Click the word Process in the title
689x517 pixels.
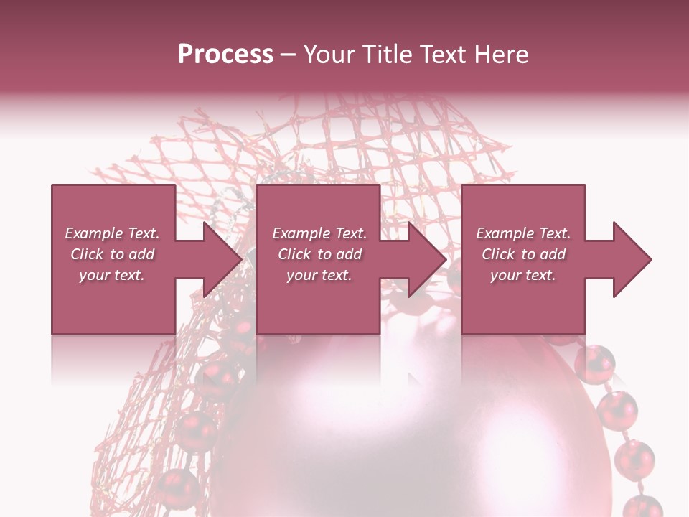click(225, 54)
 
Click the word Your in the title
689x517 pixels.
click(327, 54)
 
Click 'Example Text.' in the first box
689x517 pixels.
click(112, 233)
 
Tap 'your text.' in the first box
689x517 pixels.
click(112, 275)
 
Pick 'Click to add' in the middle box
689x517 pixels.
click(319, 254)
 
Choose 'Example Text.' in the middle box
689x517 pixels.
click(319, 233)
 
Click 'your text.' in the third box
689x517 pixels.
click(523, 275)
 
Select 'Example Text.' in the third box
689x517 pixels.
click(523, 233)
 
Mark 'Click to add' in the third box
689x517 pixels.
click(523, 254)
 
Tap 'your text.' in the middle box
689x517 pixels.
click(319, 275)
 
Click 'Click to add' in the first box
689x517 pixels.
click(112, 254)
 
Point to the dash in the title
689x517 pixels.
click(288, 55)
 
